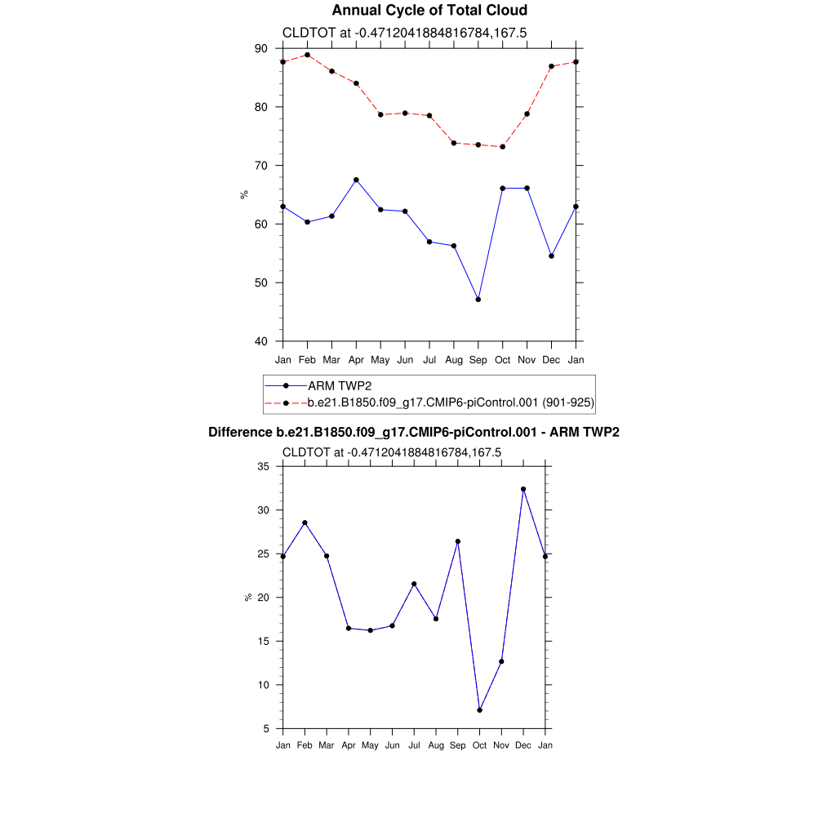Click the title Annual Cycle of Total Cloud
429,11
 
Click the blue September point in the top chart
478,300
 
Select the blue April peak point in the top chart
356,180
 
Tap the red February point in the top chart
307,55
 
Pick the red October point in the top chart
503,147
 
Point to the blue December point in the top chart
552,256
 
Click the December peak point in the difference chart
523,489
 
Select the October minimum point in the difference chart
480,710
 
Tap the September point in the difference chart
458,541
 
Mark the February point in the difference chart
305,522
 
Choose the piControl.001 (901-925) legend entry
450,402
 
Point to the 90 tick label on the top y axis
261,48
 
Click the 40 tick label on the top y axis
261,341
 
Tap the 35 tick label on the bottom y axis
264,466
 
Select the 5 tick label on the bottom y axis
267,728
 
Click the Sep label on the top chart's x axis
478,360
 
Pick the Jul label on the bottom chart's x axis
414,745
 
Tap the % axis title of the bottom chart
247,598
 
